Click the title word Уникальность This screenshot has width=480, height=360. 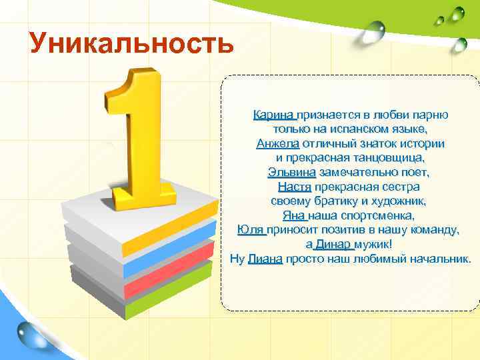coord(131,44)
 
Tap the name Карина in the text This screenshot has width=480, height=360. coord(274,115)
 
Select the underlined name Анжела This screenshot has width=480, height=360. coord(278,143)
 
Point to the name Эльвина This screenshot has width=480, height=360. coord(291,172)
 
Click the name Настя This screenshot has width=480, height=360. coord(295,187)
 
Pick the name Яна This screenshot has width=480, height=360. coord(293,215)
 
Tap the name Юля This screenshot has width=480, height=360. coord(251,230)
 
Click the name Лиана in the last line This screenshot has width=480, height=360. coord(265,259)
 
